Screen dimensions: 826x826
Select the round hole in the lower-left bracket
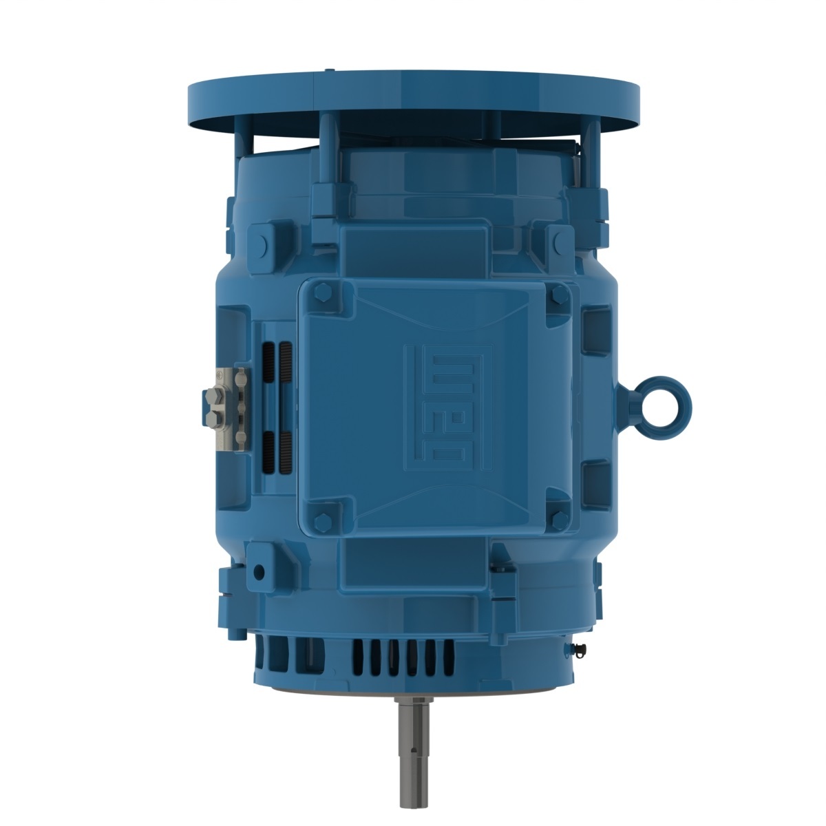click(259, 571)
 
